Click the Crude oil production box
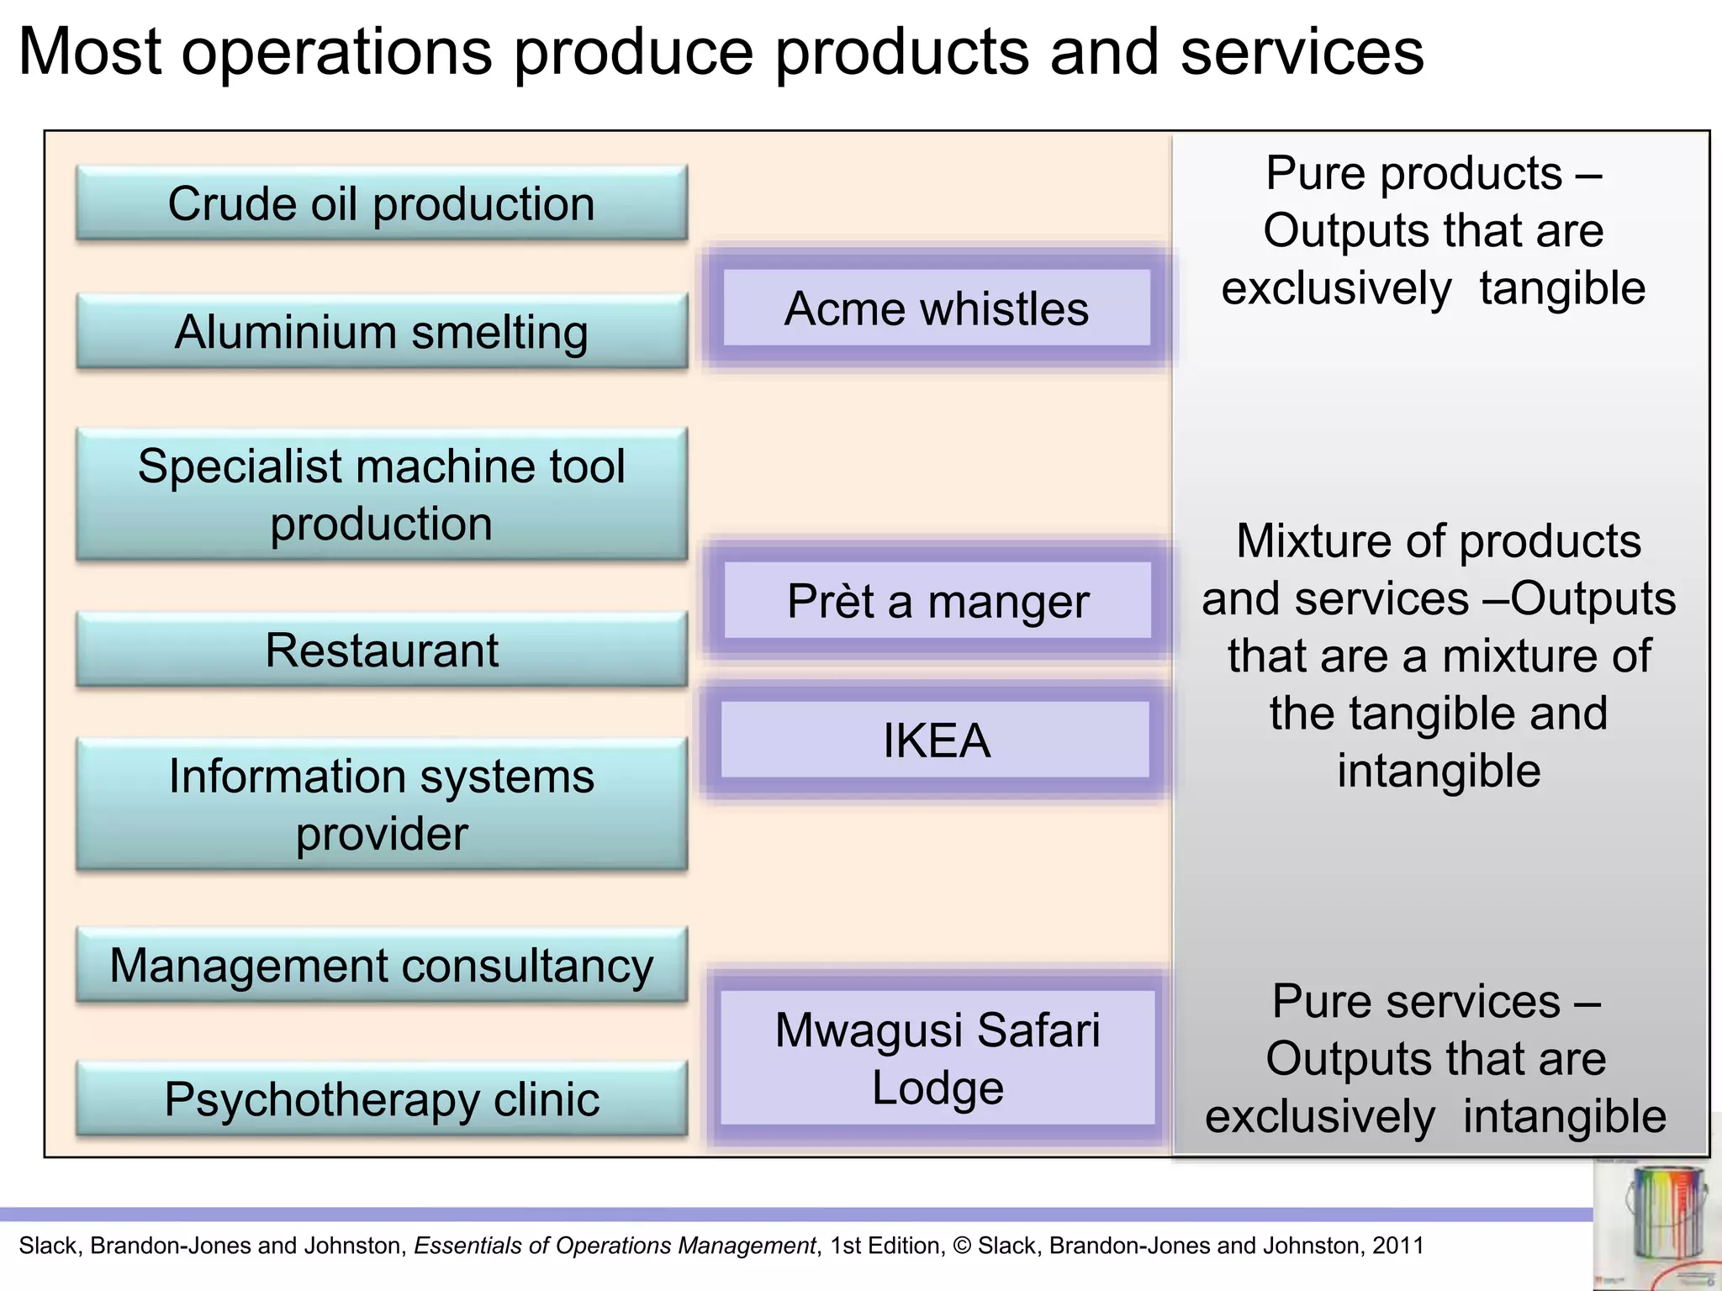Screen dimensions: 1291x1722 click(381, 203)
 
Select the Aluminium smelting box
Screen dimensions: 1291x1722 click(381, 331)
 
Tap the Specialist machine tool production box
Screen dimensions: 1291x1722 click(381, 494)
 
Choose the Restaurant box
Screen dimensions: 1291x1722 click(381, 650)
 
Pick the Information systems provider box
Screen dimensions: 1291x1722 click(381, 804)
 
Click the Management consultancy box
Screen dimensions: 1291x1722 click(381, 965)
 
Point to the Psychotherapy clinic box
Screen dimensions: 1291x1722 click(381, 1099)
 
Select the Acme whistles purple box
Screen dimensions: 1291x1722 click(936, 308)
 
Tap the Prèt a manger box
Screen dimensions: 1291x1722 click(937, 601)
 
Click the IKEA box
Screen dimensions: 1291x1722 click(936, 740)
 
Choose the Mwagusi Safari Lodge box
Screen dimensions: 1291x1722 click(937, 1057)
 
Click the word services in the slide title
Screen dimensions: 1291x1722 click(1302, 52)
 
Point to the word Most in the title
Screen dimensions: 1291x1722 click(89, 52)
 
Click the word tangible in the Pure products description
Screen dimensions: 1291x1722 click(1561, 288)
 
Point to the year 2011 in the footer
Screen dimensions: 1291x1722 click(1397, 1246)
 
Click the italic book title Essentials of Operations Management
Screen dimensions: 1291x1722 click(615, 1246)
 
